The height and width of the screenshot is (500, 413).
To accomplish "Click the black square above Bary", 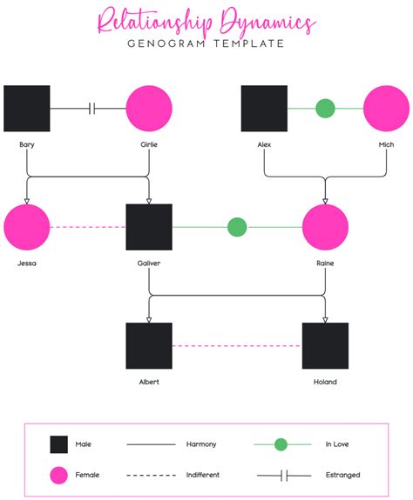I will click(x=27, y=109).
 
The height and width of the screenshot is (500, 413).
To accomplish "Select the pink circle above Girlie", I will click(x=149, y=109).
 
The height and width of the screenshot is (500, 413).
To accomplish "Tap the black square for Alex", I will click(x=264, y=109).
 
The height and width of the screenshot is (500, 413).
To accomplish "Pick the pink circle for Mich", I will click(x=386, y=109).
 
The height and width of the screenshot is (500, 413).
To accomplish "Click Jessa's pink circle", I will click(x=27, y=227).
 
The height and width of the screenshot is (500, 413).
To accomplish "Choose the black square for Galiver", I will click(x=149, y=227).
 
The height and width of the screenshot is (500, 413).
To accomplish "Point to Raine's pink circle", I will click(x=325, y=227).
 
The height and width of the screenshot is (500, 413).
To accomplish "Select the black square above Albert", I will click(x=149, y=345).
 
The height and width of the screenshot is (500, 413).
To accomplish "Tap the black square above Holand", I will click(x=325, y=345).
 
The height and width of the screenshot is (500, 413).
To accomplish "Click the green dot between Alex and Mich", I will click(x=325, y=109).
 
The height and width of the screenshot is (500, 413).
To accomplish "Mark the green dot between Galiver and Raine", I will click(x=237, y=227).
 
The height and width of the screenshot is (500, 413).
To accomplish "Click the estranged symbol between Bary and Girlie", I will click(x=92, y=109).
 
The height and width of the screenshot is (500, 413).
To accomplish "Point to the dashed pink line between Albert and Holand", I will click(x=237, y=345).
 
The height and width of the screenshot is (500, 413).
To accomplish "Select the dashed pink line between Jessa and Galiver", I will click(x=88, y=227).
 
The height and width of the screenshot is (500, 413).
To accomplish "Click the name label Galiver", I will click(x=149, y=262).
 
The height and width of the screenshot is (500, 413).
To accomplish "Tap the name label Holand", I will click(x=325, y=381).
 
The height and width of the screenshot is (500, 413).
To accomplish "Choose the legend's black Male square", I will click(x=58, y=444).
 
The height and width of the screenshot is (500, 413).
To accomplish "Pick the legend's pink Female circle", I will click(x=58, y=475).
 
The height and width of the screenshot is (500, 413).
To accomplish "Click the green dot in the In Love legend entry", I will click(x=281, y=444).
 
